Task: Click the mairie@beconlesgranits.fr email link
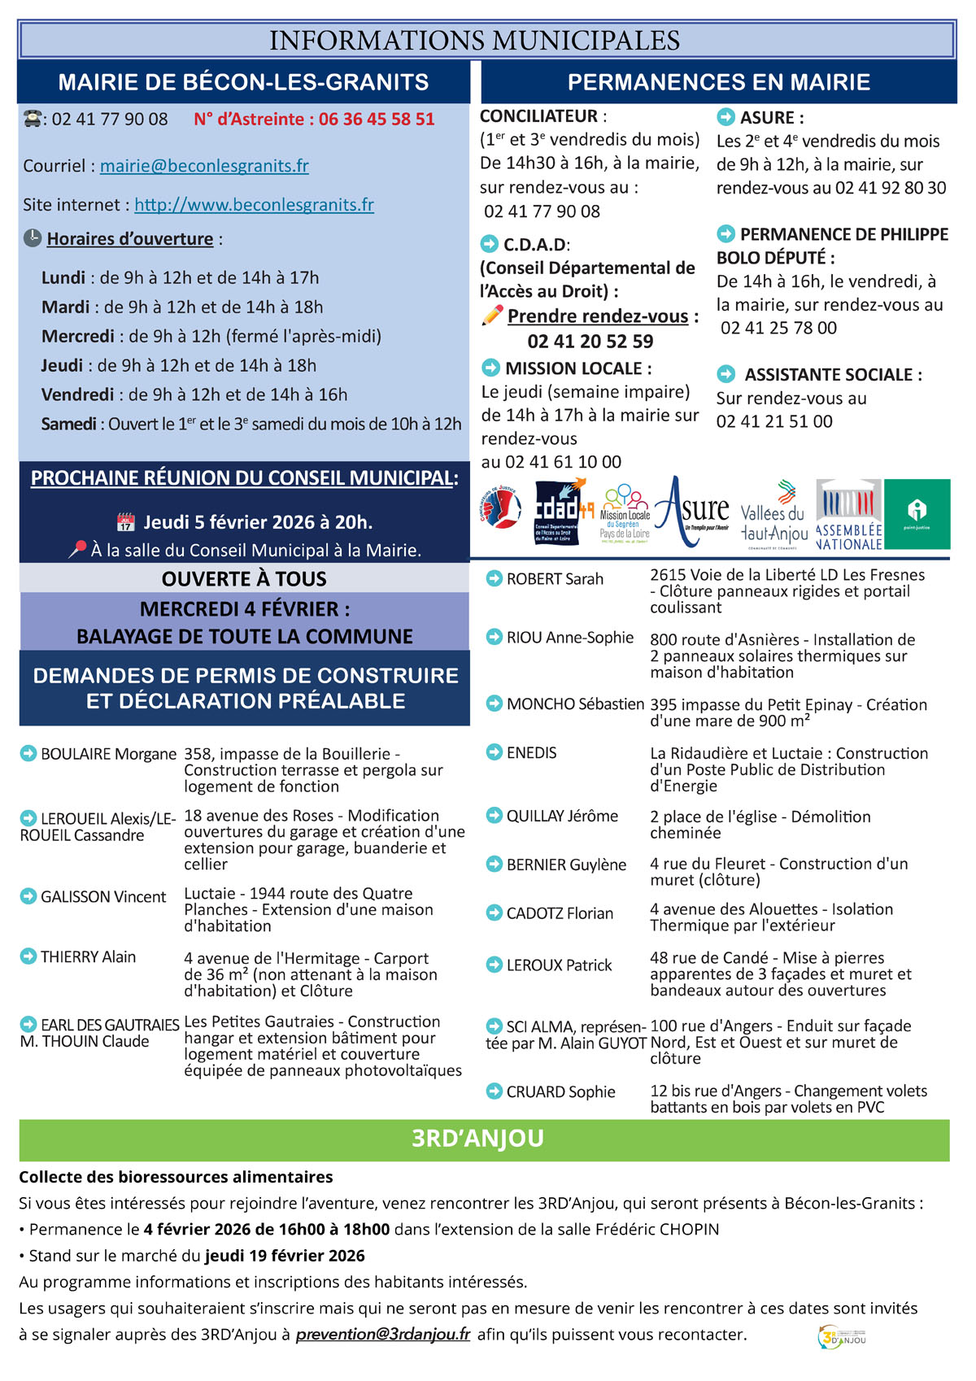point(204,166)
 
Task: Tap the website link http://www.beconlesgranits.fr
point(254,205)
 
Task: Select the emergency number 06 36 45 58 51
point(377,120)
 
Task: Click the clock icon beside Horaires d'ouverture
point(33,238)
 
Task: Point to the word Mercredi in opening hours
point(78,337)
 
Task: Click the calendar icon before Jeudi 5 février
point(125,522)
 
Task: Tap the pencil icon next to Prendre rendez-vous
point(492,316)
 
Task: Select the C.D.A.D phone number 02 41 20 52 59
point(590,342)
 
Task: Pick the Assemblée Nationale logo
point(848,514)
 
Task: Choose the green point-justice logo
point(917,514)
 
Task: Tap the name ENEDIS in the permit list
point(531,753)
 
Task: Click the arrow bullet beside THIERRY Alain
point(28,956)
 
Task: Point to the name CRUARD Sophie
point(560,1092)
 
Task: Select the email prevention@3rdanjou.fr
point(383,1335)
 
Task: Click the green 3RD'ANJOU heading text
point(477,1139)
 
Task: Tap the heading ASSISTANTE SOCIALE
point(833,375)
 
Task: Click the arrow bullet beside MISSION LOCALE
point(490,368)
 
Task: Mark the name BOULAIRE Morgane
point(108,754)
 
